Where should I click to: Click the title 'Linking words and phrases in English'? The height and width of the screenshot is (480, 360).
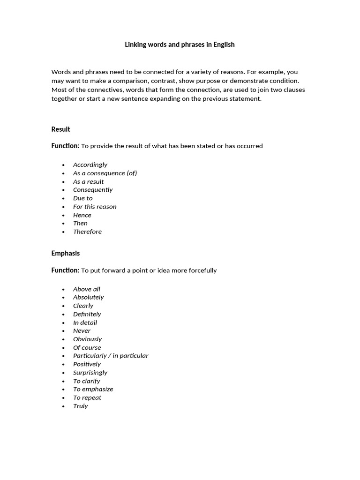pyautogui.click(x=180, y=45)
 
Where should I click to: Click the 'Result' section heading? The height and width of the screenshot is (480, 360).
pyautogui.click(x=60, y=129)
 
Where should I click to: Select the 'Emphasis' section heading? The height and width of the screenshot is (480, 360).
pyautogui.click(x=65, y=253)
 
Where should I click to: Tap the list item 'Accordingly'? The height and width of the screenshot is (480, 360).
pyautogui.click(x=90, y=165)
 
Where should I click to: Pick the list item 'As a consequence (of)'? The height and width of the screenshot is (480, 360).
pyautogui.click(x=105, y=173)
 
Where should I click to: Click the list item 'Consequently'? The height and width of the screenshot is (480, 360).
pyautogui.click(x=93, y=189)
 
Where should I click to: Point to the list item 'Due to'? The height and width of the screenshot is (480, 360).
pyautogui.click(x=82, y=198)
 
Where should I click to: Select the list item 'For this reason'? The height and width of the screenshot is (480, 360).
pyautogui.click(x=95, y=206)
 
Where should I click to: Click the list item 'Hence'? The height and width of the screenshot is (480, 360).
pyautogui.click(x=82, y=215)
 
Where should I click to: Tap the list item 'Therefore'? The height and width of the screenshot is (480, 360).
pyautogui.click(x=87, y=232)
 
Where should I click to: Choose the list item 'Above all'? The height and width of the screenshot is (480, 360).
pyautogui.click(x=87, y=289)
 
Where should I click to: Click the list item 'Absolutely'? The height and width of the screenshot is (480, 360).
pyautogui.click(x=88, y=297)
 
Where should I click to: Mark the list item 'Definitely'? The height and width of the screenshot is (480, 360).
pyautogui.click(x=87, y=314)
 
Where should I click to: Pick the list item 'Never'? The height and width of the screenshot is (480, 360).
pyautogui.click(x=82, y=330)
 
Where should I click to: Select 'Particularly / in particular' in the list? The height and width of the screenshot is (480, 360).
pyautogui.click(x=111, y=355)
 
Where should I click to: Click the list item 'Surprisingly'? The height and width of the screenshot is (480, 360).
pyautogui.click(x=90, y=372)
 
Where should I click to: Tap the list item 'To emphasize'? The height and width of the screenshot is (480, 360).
pyautogui.click(x=93, y=389)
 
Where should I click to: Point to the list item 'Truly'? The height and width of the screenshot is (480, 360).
pyautogui.click(x=80, y=406)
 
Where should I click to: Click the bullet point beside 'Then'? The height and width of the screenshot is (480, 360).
pyautogui.click(x=63, y=224)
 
